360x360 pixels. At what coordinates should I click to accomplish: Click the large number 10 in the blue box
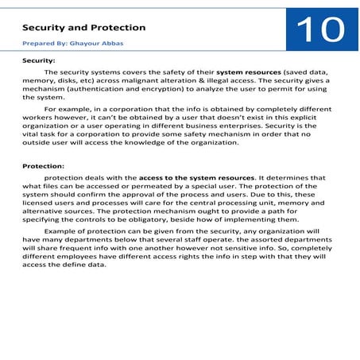click(x=320, y=31)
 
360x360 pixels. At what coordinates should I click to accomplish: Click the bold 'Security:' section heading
click(x=38, y=60)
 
